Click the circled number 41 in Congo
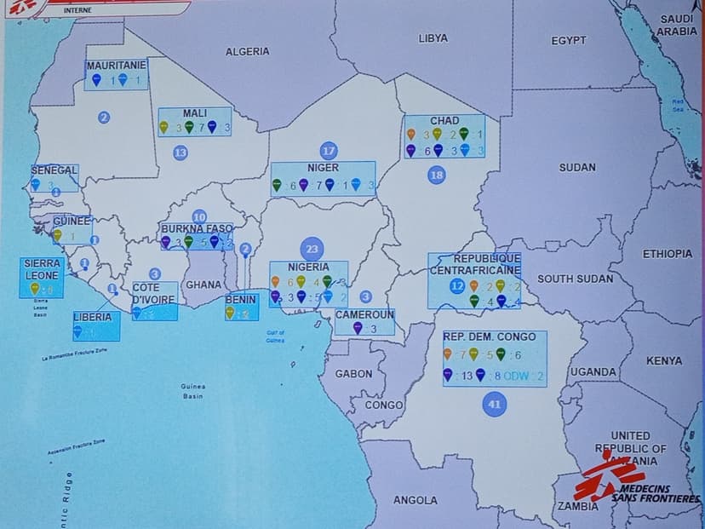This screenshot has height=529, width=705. pos(494,405)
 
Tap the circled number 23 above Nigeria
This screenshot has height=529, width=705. pos(312,250)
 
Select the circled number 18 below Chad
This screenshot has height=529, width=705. pos(437,175)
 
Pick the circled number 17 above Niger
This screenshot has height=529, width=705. pos(329,152)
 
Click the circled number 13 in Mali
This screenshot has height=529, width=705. pos(181,152)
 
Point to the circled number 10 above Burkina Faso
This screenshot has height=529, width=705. pos(199,217)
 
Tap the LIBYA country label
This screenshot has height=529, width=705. pos(433,38)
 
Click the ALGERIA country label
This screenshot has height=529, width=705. pos(248,52)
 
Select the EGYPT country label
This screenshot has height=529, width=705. pos(569,40)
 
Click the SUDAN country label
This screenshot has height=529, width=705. pos(577,168)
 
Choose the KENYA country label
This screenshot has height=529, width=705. pos(664,361)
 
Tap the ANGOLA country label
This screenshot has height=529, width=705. pos(416,500)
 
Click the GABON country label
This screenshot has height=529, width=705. pos(353,374)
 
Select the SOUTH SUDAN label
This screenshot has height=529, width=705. pos(576,279)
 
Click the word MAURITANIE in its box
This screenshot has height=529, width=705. pos(116,65)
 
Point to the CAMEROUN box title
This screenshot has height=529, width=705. pos(364,314)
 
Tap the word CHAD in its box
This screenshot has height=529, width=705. pos(444,121)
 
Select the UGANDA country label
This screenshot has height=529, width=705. pos(593,372)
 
